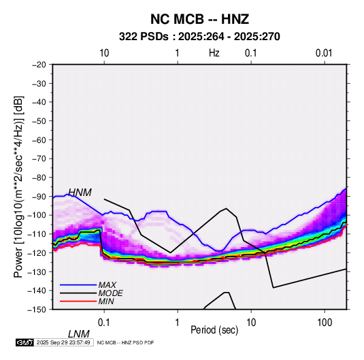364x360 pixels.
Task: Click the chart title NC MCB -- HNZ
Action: (x=199, y=19)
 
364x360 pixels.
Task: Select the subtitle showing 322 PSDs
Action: (x=199, y=37)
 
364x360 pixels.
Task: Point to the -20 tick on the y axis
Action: (x=39, y=65)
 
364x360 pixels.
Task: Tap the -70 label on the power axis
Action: (x=39, y=159)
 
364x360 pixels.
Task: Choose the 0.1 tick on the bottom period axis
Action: (x=104, y=322)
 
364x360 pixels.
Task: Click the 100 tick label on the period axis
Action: (x=325, y=322)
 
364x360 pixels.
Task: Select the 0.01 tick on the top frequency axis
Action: (x=324, y=53)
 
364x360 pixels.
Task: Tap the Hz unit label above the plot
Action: (x=214, y=53)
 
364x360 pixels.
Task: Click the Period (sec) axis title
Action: (x=214, y=329)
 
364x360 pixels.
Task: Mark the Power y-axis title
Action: (x=18, y=186)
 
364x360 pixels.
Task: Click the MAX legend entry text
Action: (x=107, y=284)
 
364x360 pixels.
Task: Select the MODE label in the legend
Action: (x=110, y=293)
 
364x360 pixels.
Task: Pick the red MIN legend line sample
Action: (x=78, y=301)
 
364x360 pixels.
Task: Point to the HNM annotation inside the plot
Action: (x=80, y=193)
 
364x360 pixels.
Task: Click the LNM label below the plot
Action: (x=79, y=334)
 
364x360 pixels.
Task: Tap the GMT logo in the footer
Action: (x=25, y=342)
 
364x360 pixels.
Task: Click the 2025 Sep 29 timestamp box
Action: (x=64, y=342)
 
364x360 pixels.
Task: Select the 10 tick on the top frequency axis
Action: (x=104, y=53)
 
